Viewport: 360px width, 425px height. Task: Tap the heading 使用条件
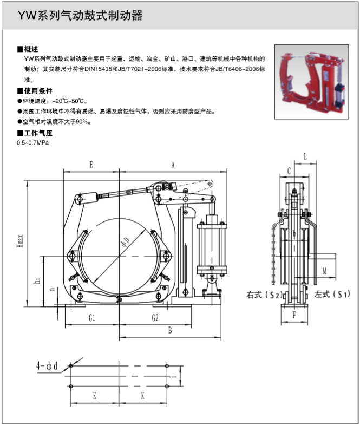coord(37,90)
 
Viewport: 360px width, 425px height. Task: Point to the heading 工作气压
coord(37,133)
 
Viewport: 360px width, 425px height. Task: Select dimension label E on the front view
coord(91,163)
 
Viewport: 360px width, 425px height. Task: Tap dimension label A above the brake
coord(173,163)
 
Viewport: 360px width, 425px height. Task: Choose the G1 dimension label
coord(92,318)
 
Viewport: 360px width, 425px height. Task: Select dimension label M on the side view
coord(324,269)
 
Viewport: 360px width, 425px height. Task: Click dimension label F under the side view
coord(294,313)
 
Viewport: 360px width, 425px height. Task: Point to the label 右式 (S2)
coord(264,295)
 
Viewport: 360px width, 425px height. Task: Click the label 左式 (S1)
coord(331,295)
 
